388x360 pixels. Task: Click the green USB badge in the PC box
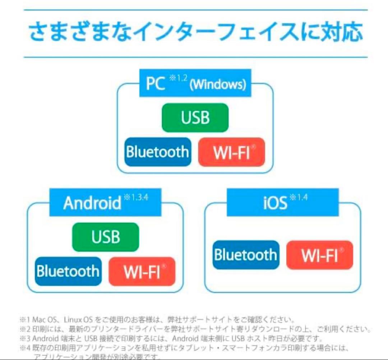(195, 117)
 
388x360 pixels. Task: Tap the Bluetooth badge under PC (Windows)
(157, 152)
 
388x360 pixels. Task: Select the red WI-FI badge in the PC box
(231, 152)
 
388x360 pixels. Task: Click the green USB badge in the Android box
(105, 237)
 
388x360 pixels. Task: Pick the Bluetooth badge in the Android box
(68, 271)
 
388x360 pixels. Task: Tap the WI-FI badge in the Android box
(142, 271)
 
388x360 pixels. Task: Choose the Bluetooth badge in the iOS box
(246, 255)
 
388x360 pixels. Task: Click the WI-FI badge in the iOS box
(320, 255)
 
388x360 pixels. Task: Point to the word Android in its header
(92, 203)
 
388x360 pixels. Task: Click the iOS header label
(275, 203)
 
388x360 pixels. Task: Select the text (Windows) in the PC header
(218, 85)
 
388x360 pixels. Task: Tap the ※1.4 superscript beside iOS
(299, 197)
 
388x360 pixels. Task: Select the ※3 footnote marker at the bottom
(25, 338)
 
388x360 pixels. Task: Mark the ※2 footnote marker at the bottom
(25, 329)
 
